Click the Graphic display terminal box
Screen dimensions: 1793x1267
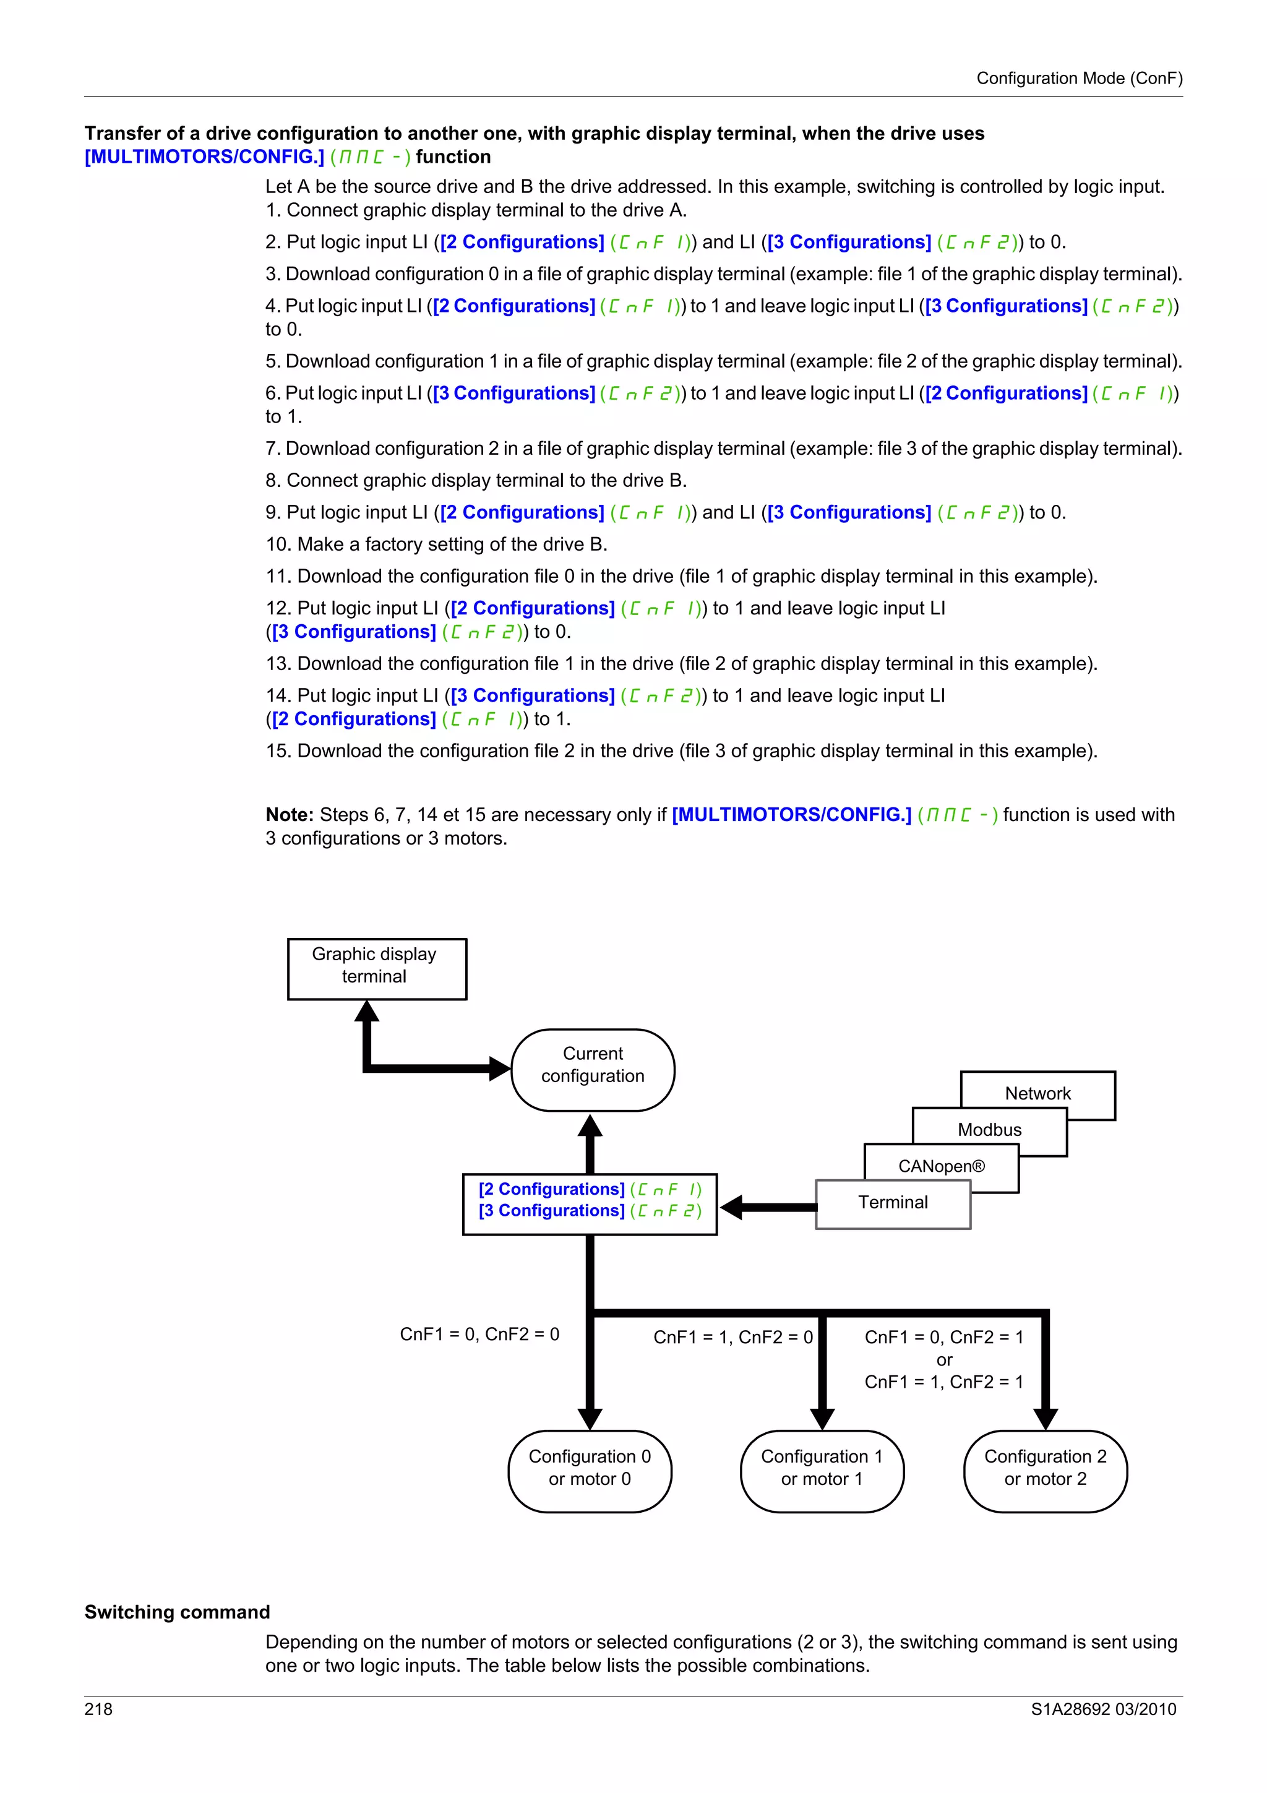click(376, 968)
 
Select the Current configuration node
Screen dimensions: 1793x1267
click(593, 1069)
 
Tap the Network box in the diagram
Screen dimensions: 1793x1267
click(1037, 1093)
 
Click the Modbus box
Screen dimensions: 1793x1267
click(989, 1129)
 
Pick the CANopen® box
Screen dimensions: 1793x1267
click(941, 1166)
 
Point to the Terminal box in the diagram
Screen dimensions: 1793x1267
click(892, 1203)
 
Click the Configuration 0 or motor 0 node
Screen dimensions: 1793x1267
click(590, 1471)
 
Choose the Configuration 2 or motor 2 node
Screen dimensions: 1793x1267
click(1046, 1471)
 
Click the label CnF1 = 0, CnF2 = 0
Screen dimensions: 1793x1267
click(479, 1334)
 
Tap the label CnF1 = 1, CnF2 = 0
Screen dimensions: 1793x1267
click(732, 1337)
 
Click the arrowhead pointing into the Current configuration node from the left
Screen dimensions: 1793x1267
click(499, 1068)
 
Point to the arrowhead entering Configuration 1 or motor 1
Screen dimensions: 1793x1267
click(822, 1418)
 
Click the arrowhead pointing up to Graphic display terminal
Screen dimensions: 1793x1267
click(366, 1012)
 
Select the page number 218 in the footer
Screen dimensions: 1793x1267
click(98, 1709)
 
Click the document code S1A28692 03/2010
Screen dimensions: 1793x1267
click(1102, 1709)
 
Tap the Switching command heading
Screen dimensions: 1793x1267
click(177, 1612)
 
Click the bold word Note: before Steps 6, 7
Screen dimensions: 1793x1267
click(290, 814)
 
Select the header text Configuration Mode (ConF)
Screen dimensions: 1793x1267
click(1079, 78)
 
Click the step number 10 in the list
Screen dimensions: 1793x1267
click(277, 544)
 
